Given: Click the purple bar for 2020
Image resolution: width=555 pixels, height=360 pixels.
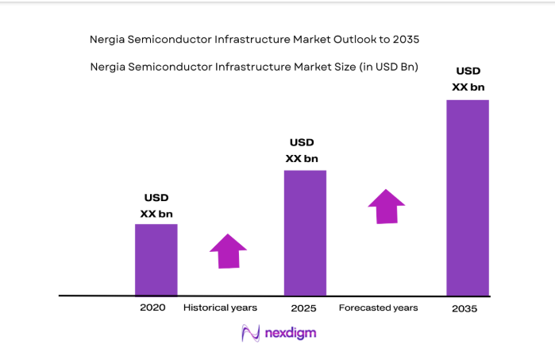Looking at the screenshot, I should point(156,260).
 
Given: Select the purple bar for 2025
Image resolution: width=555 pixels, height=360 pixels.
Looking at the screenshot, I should point(305,233).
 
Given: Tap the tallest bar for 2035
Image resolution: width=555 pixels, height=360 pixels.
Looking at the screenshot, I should point(467,198).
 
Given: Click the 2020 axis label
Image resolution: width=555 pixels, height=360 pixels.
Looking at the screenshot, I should point(152,308).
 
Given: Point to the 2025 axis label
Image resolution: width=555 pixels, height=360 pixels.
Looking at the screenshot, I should point(305,308).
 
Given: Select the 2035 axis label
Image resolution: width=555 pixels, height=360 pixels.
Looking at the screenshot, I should point(464,308).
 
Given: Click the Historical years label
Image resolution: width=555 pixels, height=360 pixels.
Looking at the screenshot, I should point(220,308).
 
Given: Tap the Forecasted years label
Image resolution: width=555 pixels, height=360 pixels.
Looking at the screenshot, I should point(378,308).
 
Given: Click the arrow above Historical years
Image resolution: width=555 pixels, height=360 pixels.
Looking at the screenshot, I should point(229,251).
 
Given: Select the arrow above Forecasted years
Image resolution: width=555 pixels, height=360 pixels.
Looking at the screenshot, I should point(387,207).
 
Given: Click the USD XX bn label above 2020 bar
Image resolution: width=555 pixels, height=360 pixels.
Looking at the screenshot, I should point(156,206).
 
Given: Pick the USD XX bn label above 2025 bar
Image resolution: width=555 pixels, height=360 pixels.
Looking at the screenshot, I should point(302,150).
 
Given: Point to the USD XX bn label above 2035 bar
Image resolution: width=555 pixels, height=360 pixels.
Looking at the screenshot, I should point(468,79).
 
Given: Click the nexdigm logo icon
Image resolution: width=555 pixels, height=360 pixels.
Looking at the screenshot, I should point(252,333).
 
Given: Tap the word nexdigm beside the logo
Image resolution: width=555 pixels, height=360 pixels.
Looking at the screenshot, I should point(291,333).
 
